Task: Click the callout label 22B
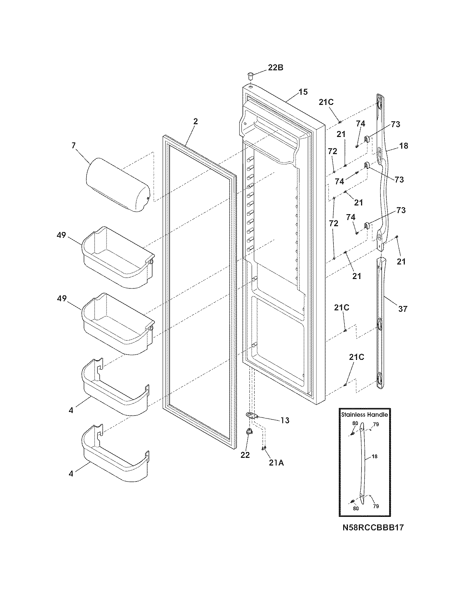pyautogui.click(x=275, y=68)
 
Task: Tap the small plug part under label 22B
pyautogui.click(x=250, y=76)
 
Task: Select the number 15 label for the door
pyautogui.click(x=303, y=92)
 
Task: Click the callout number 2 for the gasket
pyautogui.click(x=195, y=122)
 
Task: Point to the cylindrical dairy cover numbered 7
pyautogui.click(x=117, y=184)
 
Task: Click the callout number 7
pyautogui.click(x=74, y=146)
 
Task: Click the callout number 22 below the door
pyautogui.click(x=245, y=455)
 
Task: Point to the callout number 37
pyautogui.click(x=403, y=309)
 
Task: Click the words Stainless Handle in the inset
pyautogui.click(x=364, y=415)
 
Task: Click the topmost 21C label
pyautogui.click(x=326, y=102)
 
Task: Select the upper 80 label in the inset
pyautogui.click(x=355, y=423)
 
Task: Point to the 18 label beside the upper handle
pyautogui.click(x=404, y=146)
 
